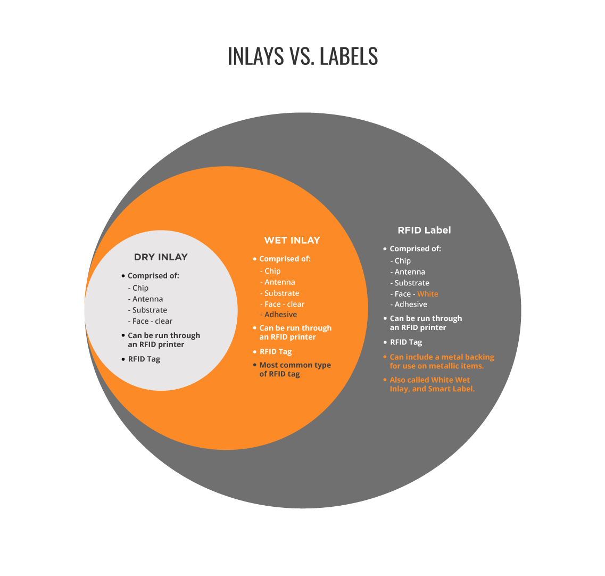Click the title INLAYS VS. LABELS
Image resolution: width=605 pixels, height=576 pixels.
(302, 56)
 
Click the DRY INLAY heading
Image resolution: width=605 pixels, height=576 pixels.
(161, 257)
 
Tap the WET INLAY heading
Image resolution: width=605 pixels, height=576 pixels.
(292, 241)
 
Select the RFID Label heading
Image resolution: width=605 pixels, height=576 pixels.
(424, 231)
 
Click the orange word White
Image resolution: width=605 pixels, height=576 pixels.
(427, 294)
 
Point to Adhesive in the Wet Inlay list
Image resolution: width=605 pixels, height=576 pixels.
(280, 315)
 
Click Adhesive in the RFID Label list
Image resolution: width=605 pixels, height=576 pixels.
(411, 304)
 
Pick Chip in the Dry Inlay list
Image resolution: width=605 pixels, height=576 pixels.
(140, 288)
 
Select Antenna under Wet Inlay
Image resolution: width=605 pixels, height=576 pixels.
(280, 282)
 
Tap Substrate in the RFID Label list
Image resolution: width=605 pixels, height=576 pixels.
(412, 283)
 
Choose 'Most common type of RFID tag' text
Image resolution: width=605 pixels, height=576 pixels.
(295, 369)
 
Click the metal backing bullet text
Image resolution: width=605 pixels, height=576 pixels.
(442, 361)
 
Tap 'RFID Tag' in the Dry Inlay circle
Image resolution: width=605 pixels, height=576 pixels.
(144, 359)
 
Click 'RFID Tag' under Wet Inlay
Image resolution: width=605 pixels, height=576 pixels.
(276, 352)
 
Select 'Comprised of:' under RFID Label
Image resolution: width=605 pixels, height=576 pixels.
(415, 249)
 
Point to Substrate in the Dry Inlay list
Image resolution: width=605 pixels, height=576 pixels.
(150, 310)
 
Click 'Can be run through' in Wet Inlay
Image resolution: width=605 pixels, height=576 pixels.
(295, 328)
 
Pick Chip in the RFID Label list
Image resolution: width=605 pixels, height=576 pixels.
(402, 261)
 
